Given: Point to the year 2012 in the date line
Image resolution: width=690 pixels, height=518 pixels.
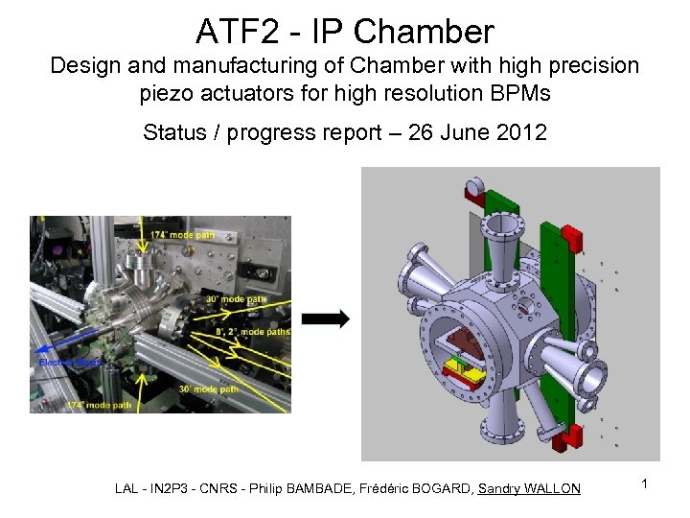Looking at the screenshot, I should (522, 132).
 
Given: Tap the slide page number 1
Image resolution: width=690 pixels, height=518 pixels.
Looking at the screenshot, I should (645, 484).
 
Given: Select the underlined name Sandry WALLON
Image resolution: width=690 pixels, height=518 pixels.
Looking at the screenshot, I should (529, 488).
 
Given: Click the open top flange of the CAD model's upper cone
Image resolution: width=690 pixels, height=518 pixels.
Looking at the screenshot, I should (501, 228).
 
